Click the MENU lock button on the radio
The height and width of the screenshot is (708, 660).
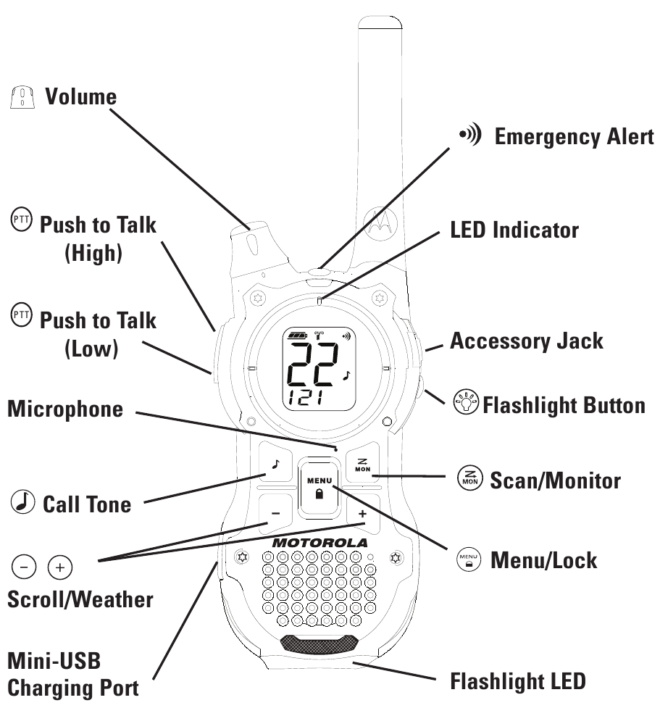(x=319, y=486)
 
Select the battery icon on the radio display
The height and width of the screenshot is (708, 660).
(x=297, y=336)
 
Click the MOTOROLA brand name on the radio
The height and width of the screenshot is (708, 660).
(x=319, y=542)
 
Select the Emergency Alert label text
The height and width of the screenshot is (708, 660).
(x=574, y=137)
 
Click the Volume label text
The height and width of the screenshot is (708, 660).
(x=80, y=96)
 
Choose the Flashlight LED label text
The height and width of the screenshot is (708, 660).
(x=517, y=681)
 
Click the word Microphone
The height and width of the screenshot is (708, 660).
(x=65, y=409)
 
